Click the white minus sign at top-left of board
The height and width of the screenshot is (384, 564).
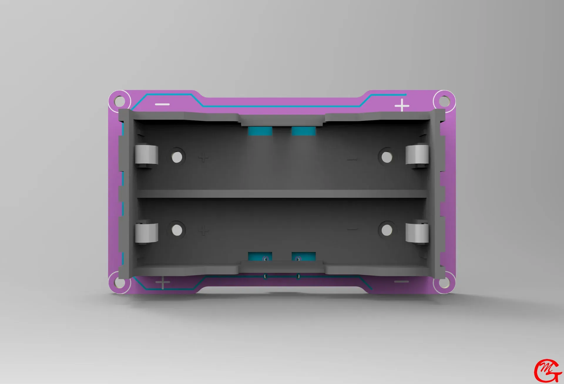(x=162, y=105)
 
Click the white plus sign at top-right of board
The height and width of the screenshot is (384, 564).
(x=402, y=105)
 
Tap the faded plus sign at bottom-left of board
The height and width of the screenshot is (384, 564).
(x=163, y=283)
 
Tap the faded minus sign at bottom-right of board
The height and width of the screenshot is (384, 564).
(x=401, y=282)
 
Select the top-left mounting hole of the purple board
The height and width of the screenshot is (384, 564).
(x=119, y=101)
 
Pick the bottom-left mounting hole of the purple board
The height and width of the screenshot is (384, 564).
(x=119, y=282)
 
